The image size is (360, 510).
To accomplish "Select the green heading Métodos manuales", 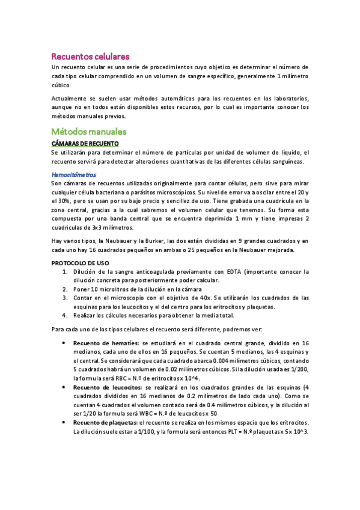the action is pyautogui.click(x=89, y=131).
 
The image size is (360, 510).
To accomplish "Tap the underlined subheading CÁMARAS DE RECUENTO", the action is pyautogui.click(x=85, y=144).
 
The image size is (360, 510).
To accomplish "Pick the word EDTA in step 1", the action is pyautogui.click(x=210, y=272).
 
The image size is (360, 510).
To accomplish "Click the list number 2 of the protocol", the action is pyautogui.click(x=66, y=289).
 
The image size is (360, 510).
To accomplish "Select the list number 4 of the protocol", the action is pyautogui.click(x=66, y=315).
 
